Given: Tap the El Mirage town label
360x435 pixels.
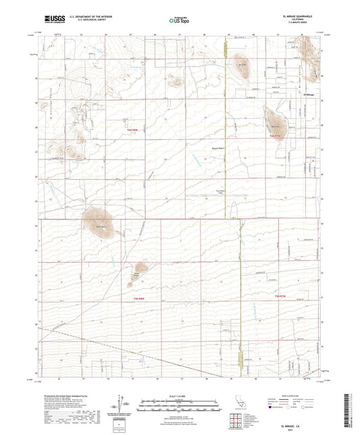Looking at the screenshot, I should (x=309, y=94).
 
